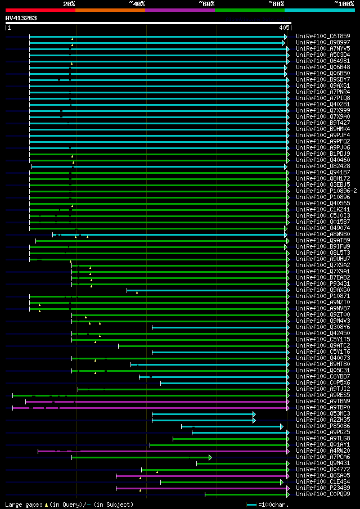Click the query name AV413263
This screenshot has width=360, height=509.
pos(21,18)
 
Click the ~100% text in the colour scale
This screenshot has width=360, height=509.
pos(344,4)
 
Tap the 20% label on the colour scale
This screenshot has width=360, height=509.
pos(69,4)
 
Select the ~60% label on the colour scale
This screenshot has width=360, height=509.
pos(206,4)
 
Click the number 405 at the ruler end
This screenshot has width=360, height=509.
pos(283,27)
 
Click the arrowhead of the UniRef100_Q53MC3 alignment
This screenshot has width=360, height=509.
pos(254,414)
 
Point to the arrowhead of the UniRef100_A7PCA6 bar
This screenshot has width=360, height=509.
pos(210,457)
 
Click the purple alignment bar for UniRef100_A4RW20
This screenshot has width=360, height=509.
pos(163,451)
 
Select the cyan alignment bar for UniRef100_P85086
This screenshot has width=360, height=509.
pos(231,426)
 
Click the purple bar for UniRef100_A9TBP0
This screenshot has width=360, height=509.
pos(152,408)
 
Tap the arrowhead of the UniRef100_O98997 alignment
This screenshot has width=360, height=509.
pos(283,43)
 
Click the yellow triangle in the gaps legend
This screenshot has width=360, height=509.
pos(46,505)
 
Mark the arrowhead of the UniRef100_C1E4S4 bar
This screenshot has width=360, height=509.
pos(282,482)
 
